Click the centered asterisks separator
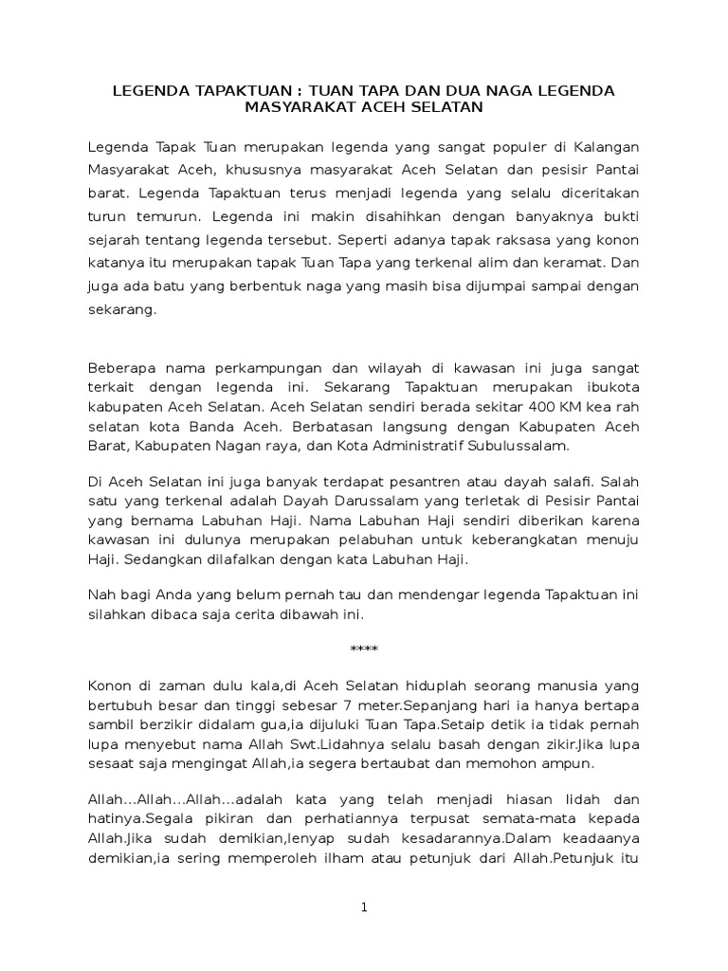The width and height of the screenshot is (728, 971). click(x=363, y=650)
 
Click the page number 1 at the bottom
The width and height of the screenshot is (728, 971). click(x=363, y=907)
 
